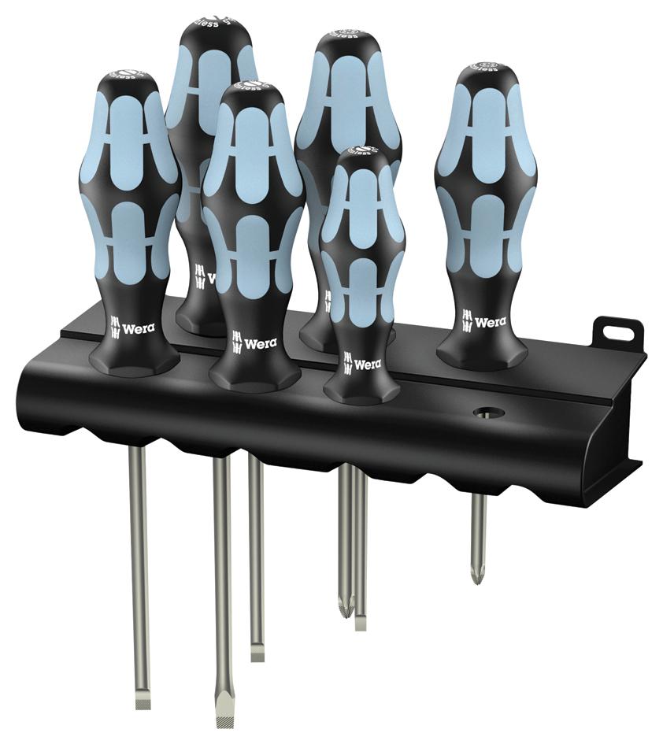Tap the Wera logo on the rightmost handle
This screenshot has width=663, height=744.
[483, 323]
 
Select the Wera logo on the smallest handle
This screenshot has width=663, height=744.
[362, 363]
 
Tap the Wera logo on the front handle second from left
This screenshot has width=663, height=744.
[254, 342]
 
